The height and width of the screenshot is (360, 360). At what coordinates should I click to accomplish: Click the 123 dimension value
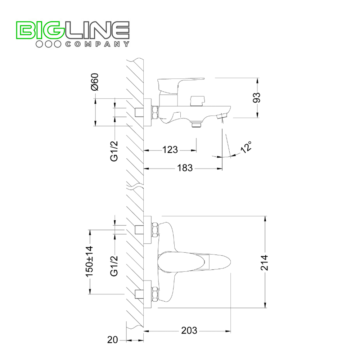pos(170,150)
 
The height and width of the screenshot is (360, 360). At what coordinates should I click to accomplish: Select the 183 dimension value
pos(185,168)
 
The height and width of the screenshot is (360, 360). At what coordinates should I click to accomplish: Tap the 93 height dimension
pos(257,98)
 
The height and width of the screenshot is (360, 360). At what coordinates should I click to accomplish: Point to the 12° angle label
pos(246,147)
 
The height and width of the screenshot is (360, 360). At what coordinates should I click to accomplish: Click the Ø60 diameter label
pos(95,82)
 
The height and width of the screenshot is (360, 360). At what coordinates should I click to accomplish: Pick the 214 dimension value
pos(264,262)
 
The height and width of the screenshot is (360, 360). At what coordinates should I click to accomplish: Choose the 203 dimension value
pos(189,330)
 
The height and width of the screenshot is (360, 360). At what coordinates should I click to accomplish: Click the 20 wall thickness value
pos(112,339)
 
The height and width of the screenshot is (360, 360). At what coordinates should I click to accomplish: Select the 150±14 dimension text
pos(90,261)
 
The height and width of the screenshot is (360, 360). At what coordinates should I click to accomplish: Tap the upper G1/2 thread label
pos(114,151)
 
